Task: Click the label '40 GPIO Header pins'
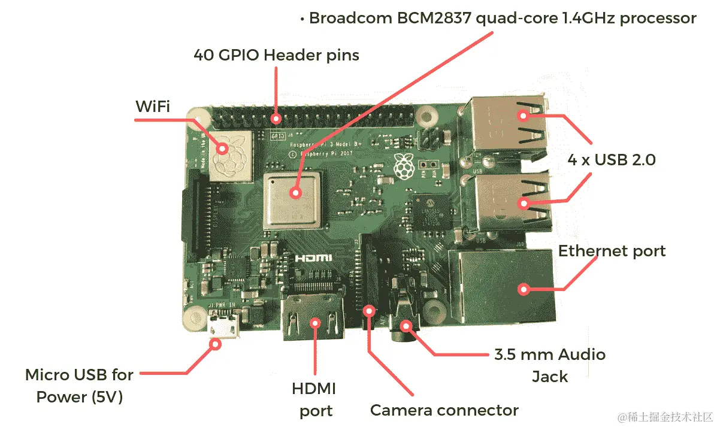click(276, 55)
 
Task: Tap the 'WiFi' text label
click(152, 107)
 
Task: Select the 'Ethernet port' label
click(612, 250)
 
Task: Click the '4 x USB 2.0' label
click(612, 160)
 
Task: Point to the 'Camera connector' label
click(444, 410)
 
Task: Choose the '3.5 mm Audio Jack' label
click(550, 365)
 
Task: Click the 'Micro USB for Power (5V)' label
click(79, 386)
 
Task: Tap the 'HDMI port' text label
click(314, 399)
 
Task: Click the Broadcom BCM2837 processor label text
click(502, 19)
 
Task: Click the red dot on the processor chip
click(295, 193)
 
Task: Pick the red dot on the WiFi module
click(223, 148)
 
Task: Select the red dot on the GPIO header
click(276, 118)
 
